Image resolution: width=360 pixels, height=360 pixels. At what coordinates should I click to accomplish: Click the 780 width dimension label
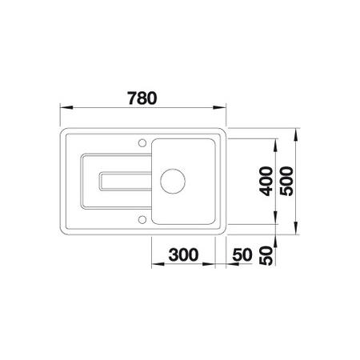click(x=142, y=98)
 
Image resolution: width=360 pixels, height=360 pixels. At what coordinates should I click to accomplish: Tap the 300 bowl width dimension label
click(x=183, y=254)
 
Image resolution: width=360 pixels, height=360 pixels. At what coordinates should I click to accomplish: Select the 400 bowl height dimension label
click(x=266, y=182)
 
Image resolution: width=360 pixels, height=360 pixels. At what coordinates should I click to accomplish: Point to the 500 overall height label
click(x=286, y=182)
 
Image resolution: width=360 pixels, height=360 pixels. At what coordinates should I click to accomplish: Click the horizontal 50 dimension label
click(x=242, y=254)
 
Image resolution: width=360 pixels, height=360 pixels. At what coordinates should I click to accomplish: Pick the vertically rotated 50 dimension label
click(x=266, y=256)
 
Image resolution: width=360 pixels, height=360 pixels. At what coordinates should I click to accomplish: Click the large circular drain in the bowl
click(x=173, y=182)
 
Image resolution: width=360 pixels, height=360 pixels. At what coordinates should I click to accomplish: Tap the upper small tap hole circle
click(x=142, y=143)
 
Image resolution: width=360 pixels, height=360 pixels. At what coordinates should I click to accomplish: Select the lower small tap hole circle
click(x=142, y=220)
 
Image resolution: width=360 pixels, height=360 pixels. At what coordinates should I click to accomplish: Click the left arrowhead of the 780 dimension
click(x=66, y=107)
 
